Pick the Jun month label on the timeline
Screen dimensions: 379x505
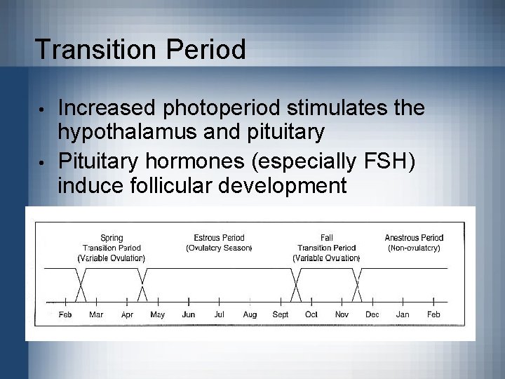coord(189,314)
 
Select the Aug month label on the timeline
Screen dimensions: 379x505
coord(250,314)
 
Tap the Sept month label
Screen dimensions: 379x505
coord(281,314)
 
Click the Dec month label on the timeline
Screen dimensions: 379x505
coord(372,314)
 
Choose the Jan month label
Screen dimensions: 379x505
coord(403,314)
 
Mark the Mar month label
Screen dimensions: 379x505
coord(96,314)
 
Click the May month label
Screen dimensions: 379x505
coord(158,314)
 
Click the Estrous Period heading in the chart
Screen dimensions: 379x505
coord(219,238)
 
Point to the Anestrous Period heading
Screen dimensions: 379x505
coord(414,238)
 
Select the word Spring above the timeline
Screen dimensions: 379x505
coord(112,238)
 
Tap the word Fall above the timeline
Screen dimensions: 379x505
coord(326,238)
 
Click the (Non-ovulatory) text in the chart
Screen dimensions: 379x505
coord(414,248)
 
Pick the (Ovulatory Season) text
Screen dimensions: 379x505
coord(219,248)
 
